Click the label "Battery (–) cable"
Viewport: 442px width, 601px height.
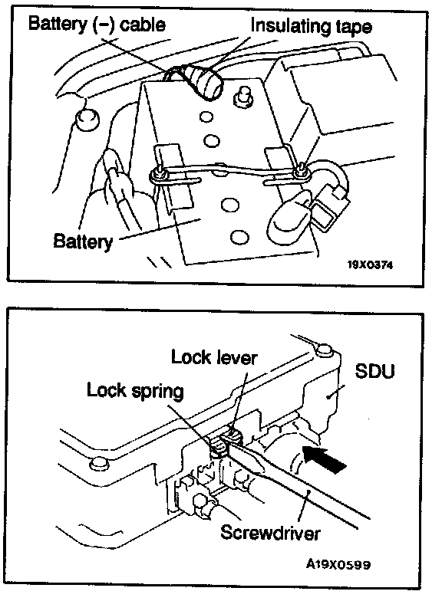(x=97, y=25)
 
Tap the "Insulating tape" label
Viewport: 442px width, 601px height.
(x=311, y=26)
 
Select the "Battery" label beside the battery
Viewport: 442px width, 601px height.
(x=83, y=241)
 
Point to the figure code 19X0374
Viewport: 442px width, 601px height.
(x=370, y=264)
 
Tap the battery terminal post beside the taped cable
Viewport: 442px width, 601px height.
(x=242, y=95)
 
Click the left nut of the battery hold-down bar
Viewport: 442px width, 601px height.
(x=158, y=175)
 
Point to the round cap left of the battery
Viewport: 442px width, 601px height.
(x=87, y=120)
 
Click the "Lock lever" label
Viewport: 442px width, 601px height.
(x=214, y=357)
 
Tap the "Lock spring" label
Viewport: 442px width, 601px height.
(x=135, y=391)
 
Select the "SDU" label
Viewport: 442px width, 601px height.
(x=374, y=371)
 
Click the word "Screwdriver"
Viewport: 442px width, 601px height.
(x=270, y=533)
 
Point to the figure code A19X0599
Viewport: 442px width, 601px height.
(x=338, y=564)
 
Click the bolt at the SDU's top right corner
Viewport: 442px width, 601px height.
(x=325, y=350)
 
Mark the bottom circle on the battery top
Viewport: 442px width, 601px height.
(x=239, y=237)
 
